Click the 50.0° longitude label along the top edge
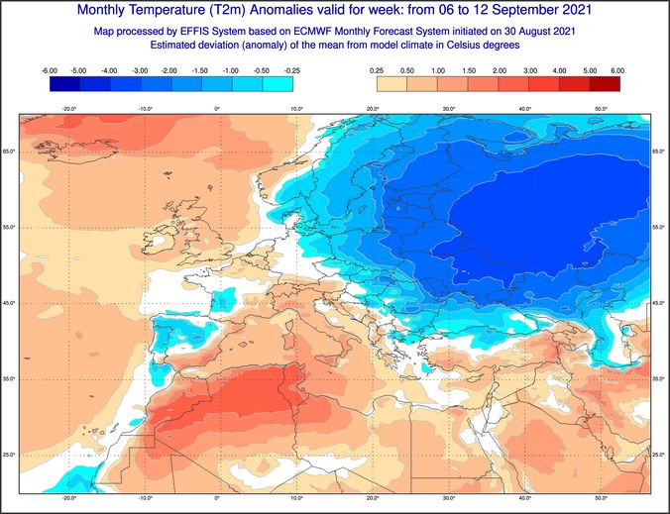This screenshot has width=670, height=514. coord(602,108)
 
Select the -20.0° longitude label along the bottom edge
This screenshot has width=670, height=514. coord(68,498)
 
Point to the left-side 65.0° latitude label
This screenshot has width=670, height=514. coord(9,151)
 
